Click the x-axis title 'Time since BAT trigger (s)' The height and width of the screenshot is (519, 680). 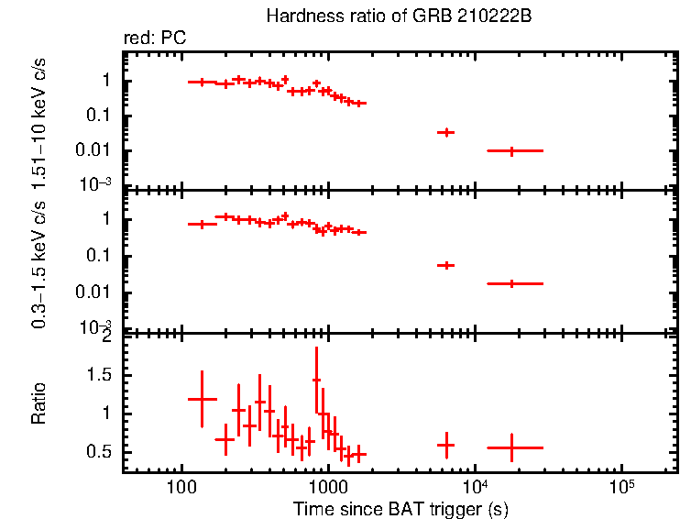pos(400,508)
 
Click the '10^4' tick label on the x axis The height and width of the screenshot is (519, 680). pos(474,483)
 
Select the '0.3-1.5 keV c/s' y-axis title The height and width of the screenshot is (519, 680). pos(39,261)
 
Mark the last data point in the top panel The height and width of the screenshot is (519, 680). pos(511,150)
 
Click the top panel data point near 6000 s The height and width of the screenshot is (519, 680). pos(445,132)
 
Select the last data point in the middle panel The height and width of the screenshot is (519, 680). pos(511,283)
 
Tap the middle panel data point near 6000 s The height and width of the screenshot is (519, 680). pos(445,265)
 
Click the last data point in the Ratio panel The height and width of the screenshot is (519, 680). pos(511,447)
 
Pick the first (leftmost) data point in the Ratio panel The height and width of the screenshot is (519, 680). pos(202,399)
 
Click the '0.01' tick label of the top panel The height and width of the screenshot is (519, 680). pos(98,150)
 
